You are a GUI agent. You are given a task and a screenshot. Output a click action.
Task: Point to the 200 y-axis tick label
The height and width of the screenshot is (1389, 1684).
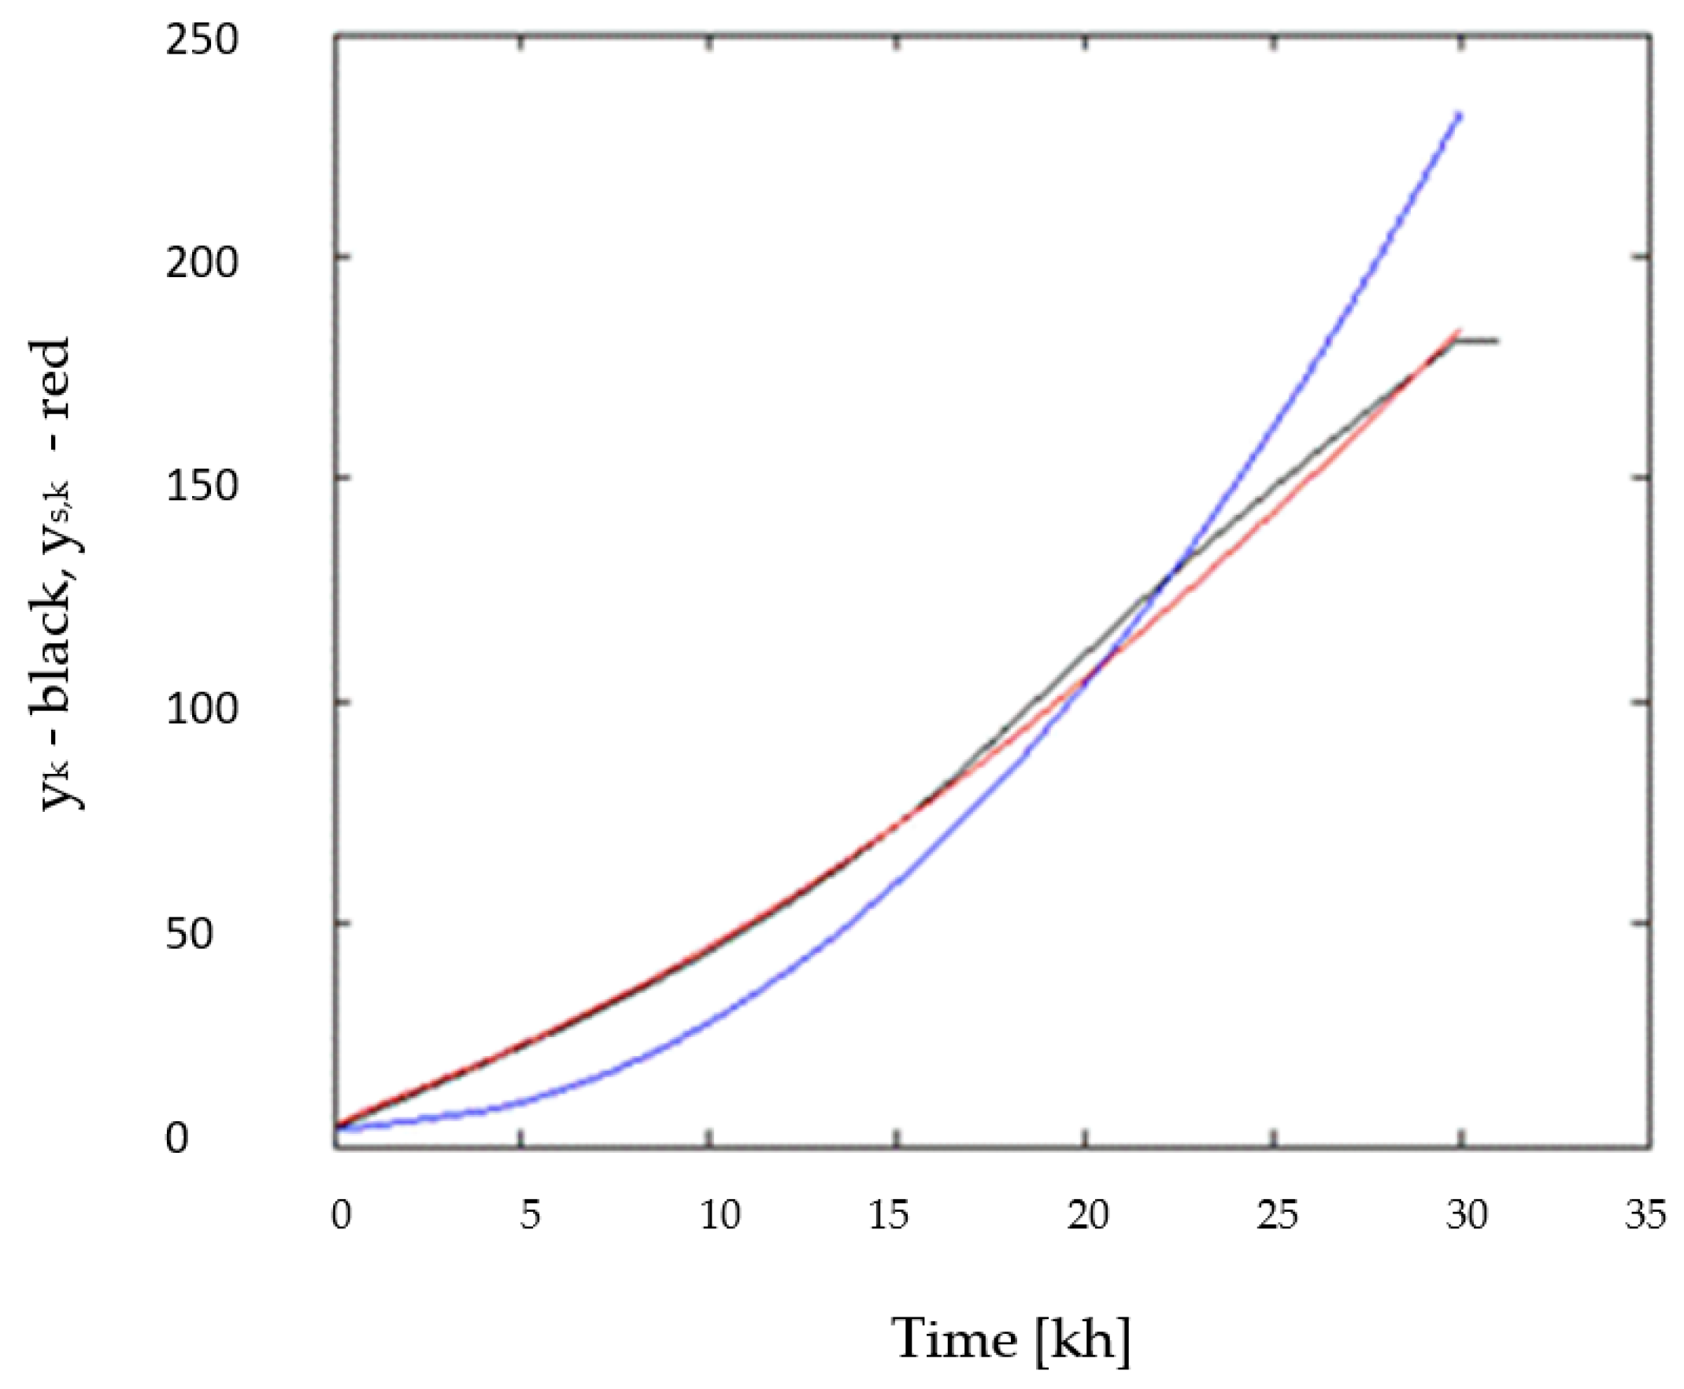click(202, 261)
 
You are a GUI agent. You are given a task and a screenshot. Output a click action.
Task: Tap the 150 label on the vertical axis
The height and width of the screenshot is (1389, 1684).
click(202, 485)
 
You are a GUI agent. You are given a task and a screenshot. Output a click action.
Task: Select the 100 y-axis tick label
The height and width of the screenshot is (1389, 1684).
click(202, 707)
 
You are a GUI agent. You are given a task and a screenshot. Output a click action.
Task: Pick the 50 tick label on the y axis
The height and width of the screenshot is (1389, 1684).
click(190, 933)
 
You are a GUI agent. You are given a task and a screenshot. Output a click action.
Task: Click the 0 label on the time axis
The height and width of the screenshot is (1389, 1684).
click(342, 1214)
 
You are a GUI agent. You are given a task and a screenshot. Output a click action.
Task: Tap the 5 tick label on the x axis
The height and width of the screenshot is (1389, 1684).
click(530, 1214)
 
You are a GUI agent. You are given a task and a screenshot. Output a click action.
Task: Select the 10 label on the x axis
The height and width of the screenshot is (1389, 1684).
click(720, 1214)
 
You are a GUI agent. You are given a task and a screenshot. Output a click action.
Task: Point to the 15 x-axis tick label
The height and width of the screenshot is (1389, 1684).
click(888, 1214)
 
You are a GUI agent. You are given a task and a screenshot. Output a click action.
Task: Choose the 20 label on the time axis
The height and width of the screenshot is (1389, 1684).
click(1088, 1214)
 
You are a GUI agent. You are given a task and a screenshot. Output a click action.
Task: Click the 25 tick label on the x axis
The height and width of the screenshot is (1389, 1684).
click(1277, 1214)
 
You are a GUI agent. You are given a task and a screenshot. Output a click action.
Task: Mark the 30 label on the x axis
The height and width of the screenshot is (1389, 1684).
click(1467, 1214)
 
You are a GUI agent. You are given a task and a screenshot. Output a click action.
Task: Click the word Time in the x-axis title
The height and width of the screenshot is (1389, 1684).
click(953, 1338)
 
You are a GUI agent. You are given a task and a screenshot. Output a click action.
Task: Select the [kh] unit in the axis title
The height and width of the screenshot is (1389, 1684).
click(1083, 1338)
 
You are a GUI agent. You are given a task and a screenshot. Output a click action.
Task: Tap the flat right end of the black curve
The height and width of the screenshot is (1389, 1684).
click(1494, 341)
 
